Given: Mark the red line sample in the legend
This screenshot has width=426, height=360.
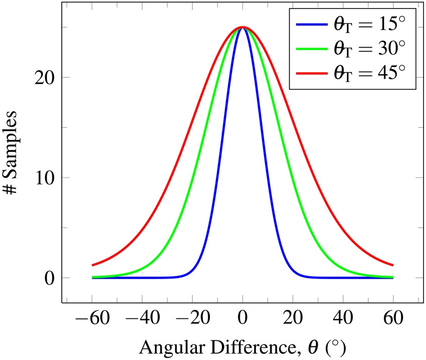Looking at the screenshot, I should click(x=311, y=73).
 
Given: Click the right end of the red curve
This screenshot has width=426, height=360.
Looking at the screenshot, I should click(x=392, y=265).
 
